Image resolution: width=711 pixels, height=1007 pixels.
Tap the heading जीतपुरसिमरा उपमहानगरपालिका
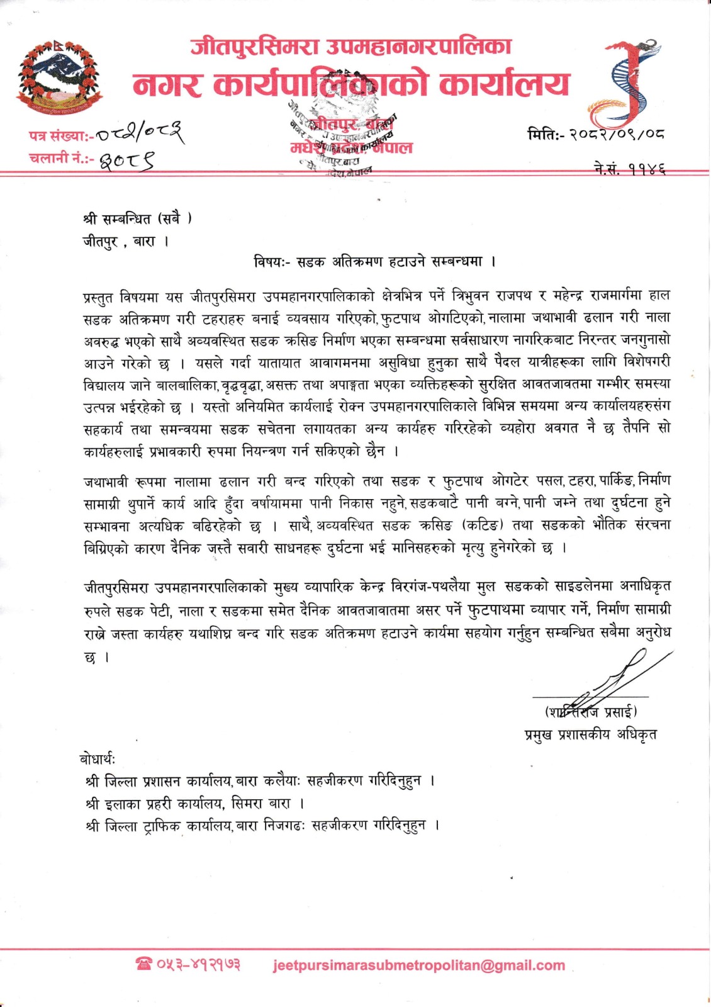pyautogui.click(x=350, y=47)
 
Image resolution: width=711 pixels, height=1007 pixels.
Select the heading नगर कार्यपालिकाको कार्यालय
pyautogui.click(x=350, y=84)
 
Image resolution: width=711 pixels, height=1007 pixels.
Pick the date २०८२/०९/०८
pyautogui.click(x=617, y=133)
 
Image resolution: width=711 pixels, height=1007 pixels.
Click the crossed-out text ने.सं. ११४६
pyautogui.click(x=629, y=169)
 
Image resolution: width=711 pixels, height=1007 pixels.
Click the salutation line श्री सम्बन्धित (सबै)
pyautogui.click(x=137, y=218)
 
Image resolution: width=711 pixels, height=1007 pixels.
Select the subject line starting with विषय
pyautogui.click(x=375, y=261)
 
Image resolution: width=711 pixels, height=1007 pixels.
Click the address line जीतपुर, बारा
pyautogui.click(x=125, y=241)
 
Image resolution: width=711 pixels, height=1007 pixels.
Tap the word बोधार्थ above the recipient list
pyautogui.click(x=98, y=758)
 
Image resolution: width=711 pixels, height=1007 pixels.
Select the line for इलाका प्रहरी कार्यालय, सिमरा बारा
pyautogui.click(x=195, y=803)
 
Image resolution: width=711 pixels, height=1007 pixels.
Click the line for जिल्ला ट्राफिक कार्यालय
pyautogui.click(x=262, y=825)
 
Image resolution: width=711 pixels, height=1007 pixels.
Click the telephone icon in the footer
pyautogui.click(x=144, y=964)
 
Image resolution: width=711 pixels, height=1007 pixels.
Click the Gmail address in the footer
pyautogui.click(x=419, y=965)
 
